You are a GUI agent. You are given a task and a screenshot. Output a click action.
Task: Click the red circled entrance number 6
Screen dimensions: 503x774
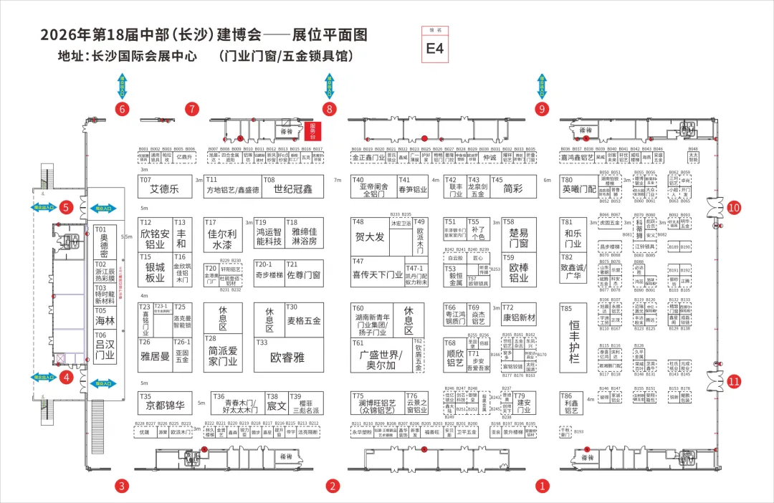pos(123,109)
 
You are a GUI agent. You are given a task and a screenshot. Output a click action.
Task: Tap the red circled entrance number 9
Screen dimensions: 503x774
pos(542,109)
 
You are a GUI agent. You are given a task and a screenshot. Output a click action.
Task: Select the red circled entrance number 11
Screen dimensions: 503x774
pos(733,381)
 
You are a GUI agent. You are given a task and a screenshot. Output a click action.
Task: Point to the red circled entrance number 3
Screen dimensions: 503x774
pos(123,486)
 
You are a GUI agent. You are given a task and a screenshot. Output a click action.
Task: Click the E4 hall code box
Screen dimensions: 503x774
pos(435,48)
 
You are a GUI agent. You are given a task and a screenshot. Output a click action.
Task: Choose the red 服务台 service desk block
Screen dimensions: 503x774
pos(312,130)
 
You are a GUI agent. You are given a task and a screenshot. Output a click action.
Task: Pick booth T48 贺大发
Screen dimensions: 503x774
pos(369,236)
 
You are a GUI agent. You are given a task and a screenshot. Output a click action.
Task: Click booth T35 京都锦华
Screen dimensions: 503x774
pos(165,403)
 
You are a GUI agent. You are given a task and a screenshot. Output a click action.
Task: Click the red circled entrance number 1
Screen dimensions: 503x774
pos(542,486)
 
